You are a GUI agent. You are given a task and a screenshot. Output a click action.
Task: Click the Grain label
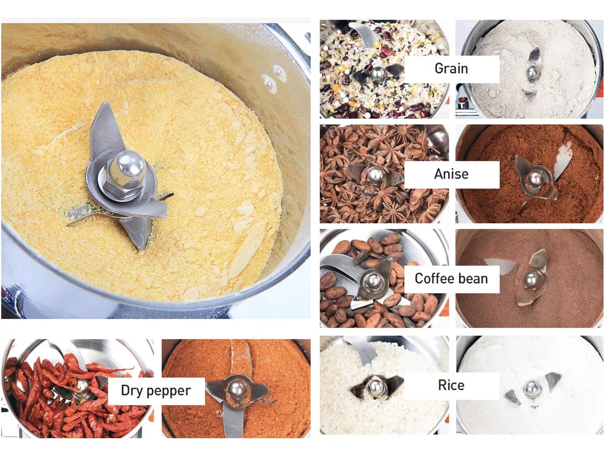(x=451, y=69)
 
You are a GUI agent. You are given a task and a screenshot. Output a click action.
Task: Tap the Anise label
(x=451, y=174)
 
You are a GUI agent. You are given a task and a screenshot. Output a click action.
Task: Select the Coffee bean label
(x=451, y=278)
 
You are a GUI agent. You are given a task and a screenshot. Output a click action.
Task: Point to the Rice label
(x=451, y=385)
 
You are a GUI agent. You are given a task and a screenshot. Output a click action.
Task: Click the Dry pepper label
(x=156, y=391)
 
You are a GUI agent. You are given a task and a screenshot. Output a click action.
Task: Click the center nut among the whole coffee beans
(x=374, y=280)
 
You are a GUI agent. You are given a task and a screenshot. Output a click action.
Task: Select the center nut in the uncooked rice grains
(x=376, y=385)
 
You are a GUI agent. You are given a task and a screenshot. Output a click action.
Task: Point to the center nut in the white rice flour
(x=531, y=388)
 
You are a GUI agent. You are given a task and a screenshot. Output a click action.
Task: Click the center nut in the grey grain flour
(x=533, y=72)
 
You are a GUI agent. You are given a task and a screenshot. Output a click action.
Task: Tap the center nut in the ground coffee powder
(x=531, y=280)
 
